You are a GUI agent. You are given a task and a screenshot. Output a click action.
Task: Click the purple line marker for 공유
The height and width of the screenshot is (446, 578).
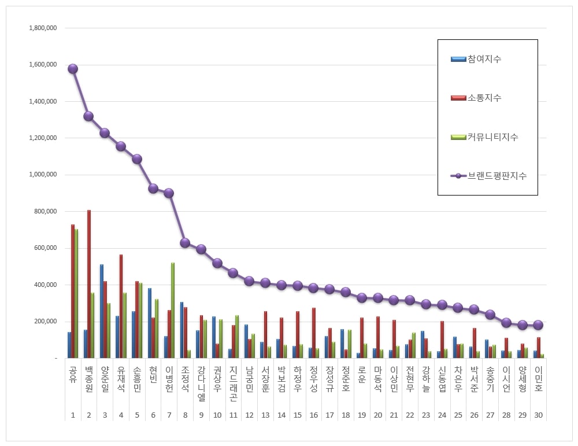coord(73,68)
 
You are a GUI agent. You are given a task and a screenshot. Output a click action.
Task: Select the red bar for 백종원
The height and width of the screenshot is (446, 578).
coord(89,283)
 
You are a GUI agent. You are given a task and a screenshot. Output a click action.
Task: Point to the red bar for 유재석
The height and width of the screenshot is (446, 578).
coord(121,306)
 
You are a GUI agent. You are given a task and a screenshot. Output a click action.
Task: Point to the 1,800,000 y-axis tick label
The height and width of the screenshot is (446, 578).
coord(42,28)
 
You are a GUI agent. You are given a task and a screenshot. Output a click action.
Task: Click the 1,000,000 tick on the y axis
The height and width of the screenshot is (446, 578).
coord(42,175)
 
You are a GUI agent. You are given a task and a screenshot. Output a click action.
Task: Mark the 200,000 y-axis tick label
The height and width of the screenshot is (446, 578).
coord(44,322)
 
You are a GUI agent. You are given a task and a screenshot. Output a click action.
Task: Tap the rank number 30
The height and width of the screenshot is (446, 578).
coord(539,414)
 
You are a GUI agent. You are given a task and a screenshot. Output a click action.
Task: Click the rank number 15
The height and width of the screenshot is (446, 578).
coord(298,414)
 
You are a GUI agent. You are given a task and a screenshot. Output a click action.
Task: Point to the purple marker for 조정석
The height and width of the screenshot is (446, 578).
coord(185,243)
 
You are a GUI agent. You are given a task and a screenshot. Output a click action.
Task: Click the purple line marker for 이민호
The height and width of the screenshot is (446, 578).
coord(539,325)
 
